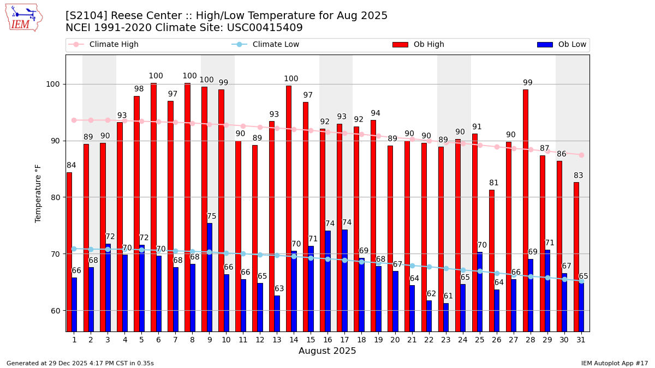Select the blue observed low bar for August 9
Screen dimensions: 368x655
210,277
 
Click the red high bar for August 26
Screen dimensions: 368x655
491,260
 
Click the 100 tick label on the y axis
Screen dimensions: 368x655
53,84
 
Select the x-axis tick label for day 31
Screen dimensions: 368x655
581,340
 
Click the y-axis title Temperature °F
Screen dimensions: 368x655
38,194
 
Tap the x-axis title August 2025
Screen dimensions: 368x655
327,351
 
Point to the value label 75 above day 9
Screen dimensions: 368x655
212,216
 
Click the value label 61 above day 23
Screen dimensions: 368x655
448,296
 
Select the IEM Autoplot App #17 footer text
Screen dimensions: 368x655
614,363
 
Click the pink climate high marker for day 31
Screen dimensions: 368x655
581,155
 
